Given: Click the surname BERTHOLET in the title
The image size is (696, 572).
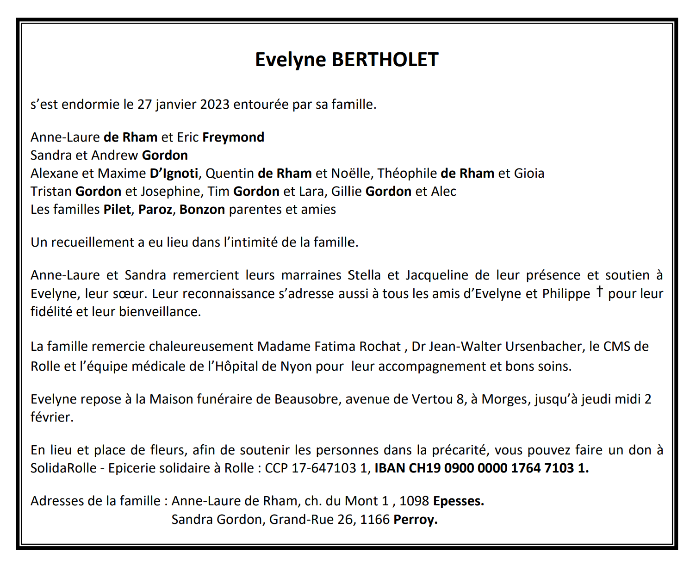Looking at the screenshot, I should pyautogui.click(x=385, y=60).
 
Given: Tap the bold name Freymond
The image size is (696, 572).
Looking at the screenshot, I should pyautogui.click(x=233, y=137).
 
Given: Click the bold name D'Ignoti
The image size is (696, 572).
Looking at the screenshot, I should pyautogui.click(x=174, y=174).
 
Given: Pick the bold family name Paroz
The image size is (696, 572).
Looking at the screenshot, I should pyautogui.click(x=155, y=210).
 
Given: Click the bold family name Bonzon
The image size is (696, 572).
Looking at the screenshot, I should pyautogui.click(x=202, y=210).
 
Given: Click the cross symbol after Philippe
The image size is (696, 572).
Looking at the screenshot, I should pyautogui.click(x=600, y=292).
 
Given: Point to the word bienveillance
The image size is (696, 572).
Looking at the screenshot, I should pyautogui.click(x=160, y=312).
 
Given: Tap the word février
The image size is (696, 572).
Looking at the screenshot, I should pyautogui.click(x=52, y=417).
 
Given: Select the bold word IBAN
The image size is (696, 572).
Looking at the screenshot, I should pyautogui.click(x=390, y=468).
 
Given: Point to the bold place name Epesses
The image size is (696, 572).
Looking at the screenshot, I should pyautogui.click(x=458, y=501).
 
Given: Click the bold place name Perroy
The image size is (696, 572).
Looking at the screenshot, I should pyautogui.click(x=415, y=520).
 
